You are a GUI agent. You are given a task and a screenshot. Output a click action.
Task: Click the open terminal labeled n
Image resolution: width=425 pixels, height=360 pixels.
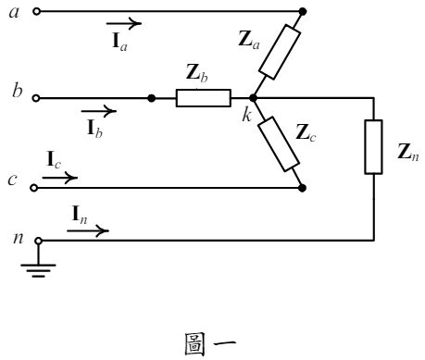click(x=38, y=240)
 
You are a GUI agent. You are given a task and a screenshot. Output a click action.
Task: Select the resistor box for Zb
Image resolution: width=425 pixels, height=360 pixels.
click(x=203, y=97)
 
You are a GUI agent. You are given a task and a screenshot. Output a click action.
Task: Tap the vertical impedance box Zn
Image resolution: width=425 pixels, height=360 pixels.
click(x=373, y=147)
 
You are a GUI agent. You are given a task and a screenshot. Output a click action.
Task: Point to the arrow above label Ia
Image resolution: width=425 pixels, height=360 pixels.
click(x=124, y=20)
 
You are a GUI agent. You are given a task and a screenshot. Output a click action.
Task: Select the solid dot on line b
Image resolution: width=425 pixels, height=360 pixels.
click(x=152, y=97)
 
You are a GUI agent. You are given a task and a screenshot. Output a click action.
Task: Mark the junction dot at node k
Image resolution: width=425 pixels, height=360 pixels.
click(x=253, y=97)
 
